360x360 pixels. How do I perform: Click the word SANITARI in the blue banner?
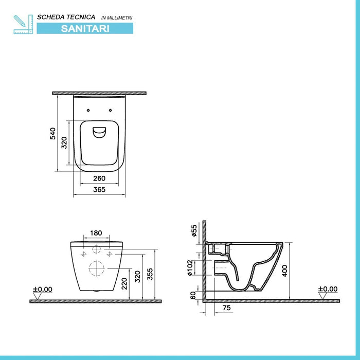85,29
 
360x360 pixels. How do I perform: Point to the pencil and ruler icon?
23,24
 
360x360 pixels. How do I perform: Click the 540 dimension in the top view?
52,133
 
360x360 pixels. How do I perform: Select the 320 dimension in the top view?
64,142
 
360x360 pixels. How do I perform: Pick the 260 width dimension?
99,178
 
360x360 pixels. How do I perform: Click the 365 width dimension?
99,190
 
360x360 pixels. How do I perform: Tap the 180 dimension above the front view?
96,233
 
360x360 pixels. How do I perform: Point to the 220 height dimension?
124,283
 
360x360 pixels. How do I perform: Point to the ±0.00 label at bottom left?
42,290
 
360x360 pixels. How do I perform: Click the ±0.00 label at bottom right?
327,290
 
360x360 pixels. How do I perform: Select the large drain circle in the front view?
96,268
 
